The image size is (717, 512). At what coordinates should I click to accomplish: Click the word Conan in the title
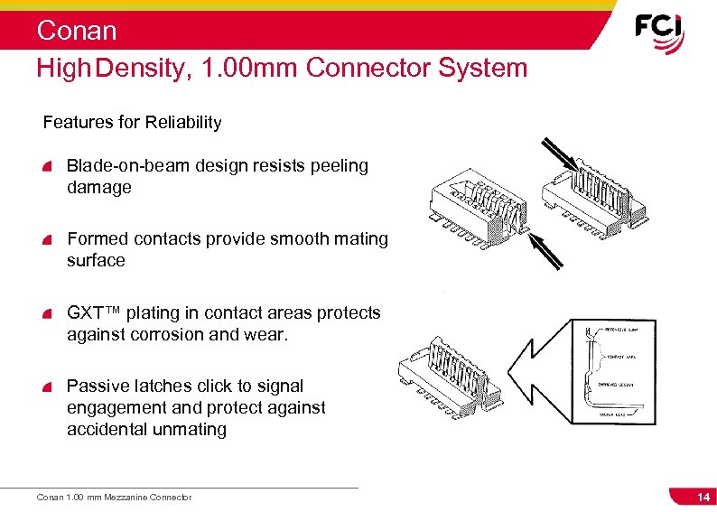pos(77,31)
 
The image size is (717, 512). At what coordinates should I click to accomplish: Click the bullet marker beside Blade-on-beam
pos(47,167)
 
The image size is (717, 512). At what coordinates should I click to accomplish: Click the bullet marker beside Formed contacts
pos(47,240)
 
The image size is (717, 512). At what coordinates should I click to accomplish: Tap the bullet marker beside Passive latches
pos(47,387)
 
